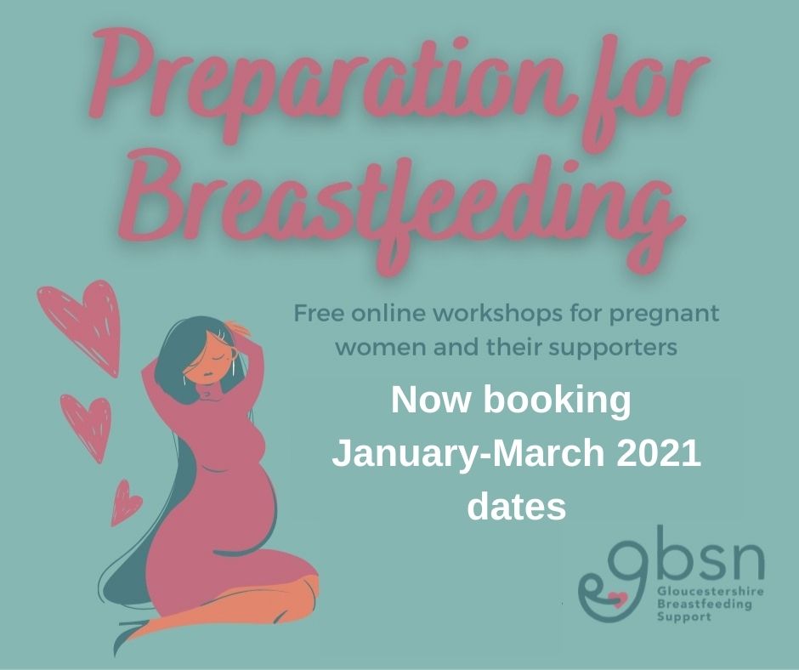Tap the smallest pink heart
click(x=125, y=503)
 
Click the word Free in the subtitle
click(x=316, y=313)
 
